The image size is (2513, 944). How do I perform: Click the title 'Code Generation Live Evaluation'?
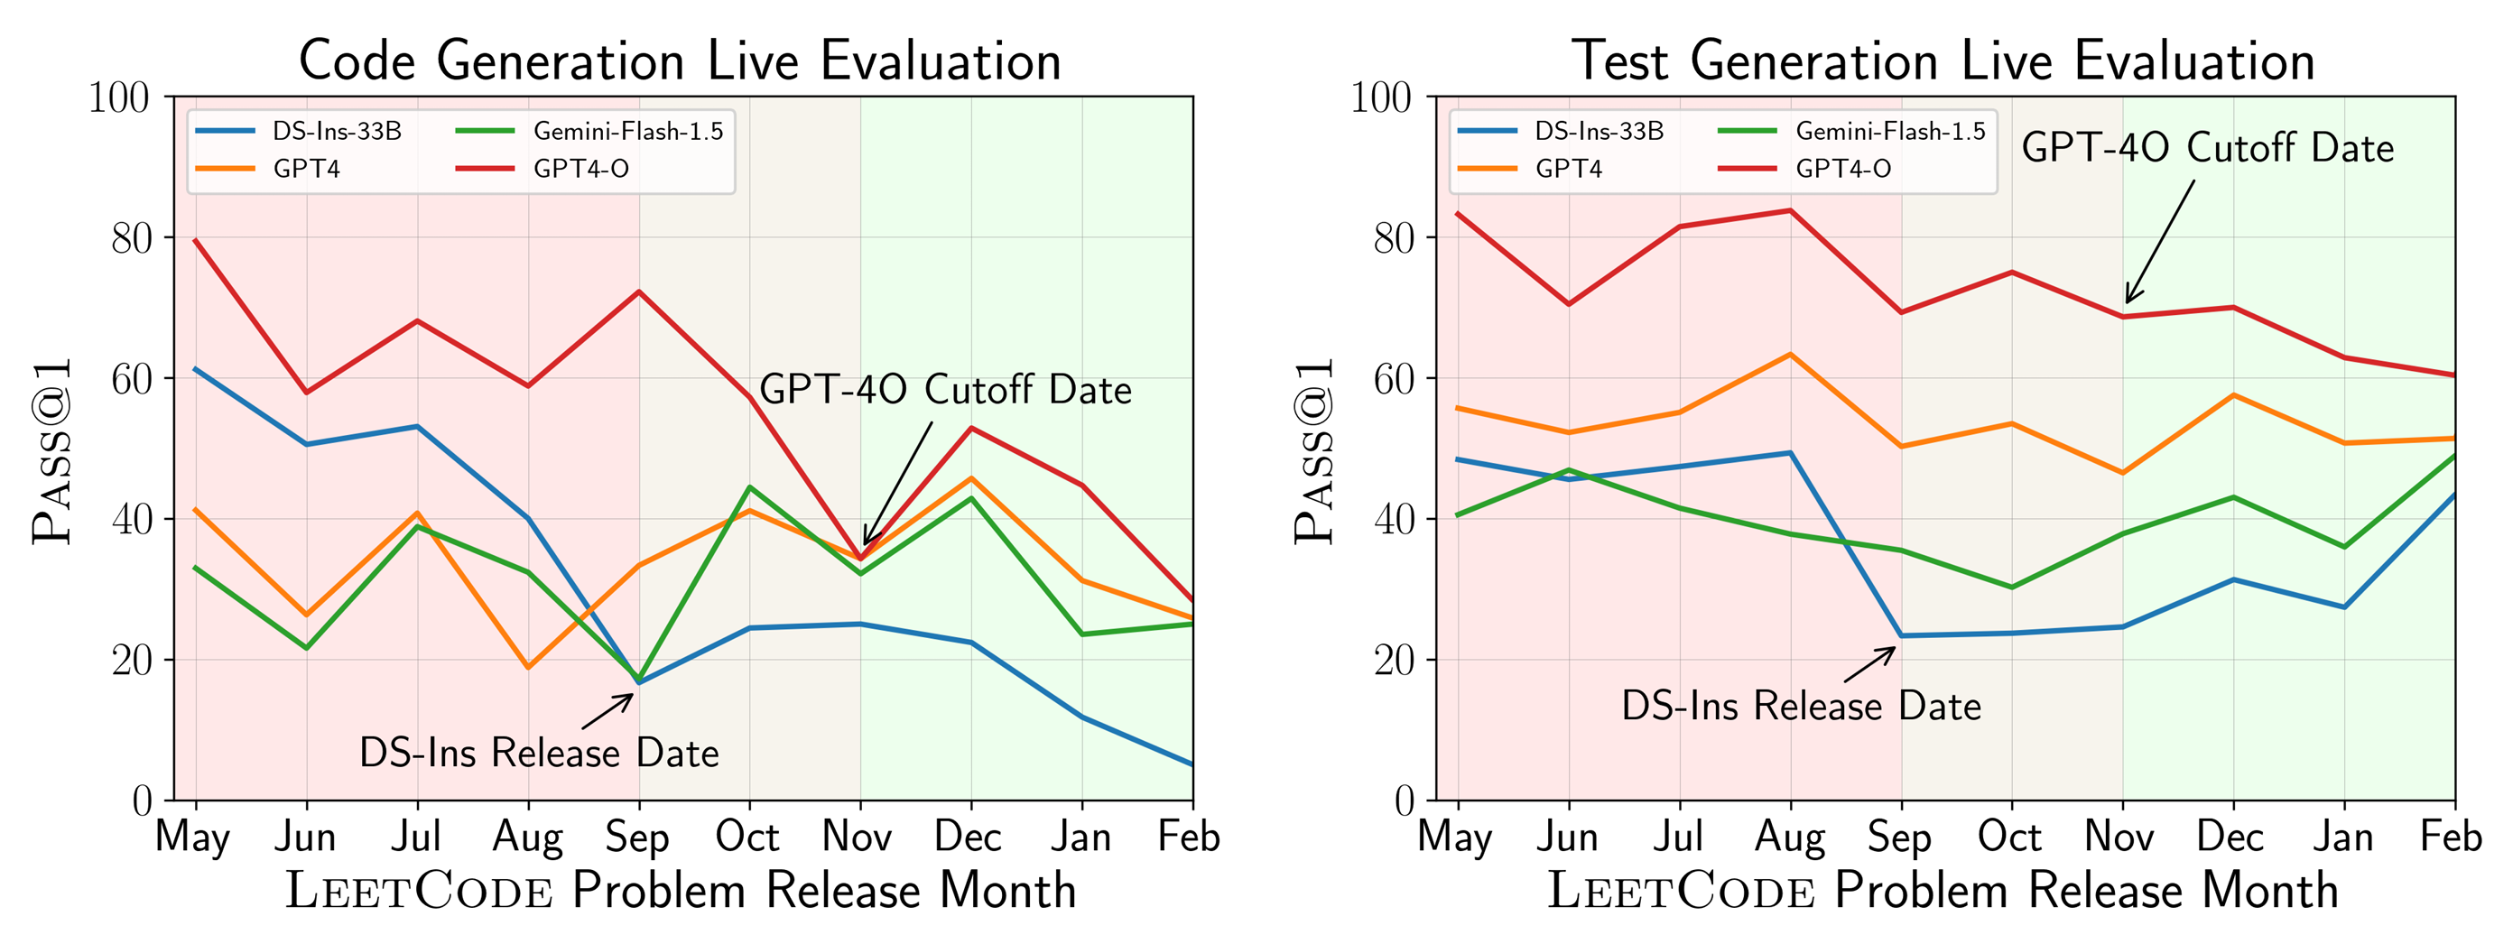(x=680, y=60)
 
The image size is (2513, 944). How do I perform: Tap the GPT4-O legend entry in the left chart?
(x=580, y=169)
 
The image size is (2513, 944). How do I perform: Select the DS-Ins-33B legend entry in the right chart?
(x=1598, y=131)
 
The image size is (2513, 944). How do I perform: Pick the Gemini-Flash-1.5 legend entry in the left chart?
(x=627, y=131)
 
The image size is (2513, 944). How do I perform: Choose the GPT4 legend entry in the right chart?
(x=1568, y=169)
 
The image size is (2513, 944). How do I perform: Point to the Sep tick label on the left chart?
(x=638, y=837)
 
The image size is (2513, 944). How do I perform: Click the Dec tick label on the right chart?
(x=2232, y=837)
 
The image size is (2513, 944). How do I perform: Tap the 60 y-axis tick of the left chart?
(x=131, y=378)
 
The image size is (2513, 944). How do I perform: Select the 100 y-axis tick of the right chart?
(x=1379, y=97)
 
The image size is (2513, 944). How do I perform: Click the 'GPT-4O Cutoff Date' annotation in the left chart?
(x=944, y=389)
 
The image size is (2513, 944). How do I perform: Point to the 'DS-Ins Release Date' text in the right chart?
(x=1801, y=705)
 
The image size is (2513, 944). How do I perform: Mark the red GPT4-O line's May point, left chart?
(x=196, y=240)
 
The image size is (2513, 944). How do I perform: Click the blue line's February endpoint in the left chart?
(x=1192, y=764)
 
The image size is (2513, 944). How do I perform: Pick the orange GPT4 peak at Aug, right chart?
(x=1790, y=354)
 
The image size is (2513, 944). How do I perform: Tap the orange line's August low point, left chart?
(x=528, y=667)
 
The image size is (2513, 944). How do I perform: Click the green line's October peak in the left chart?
(x=749, y=486)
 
